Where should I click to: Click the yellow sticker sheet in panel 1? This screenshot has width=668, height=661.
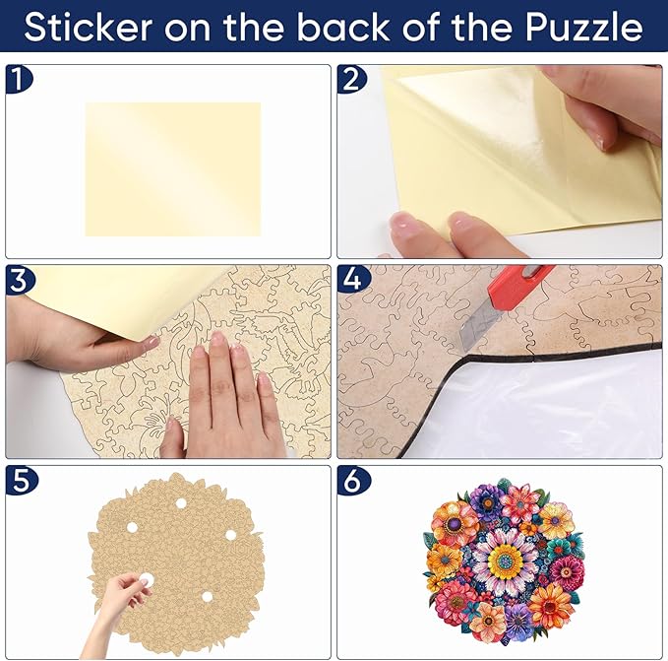click(x=173, y=169)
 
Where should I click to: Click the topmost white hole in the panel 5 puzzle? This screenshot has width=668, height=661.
click(x=180, y=503)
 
